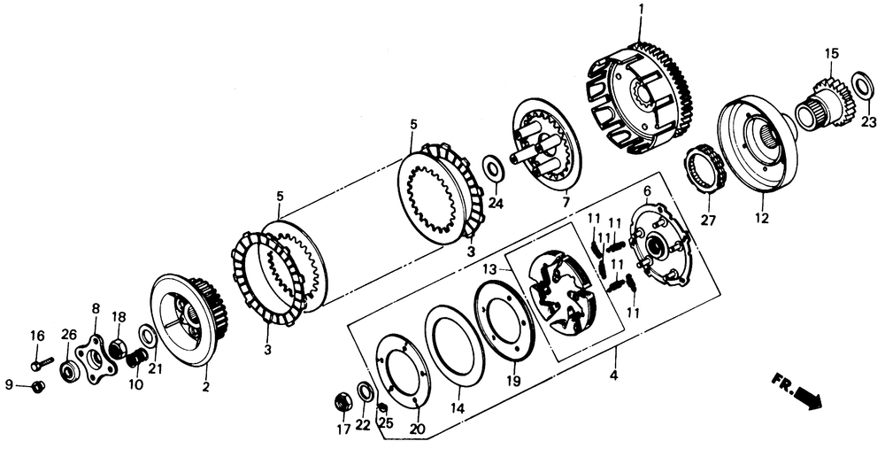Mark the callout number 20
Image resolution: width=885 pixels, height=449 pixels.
point(416,431)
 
